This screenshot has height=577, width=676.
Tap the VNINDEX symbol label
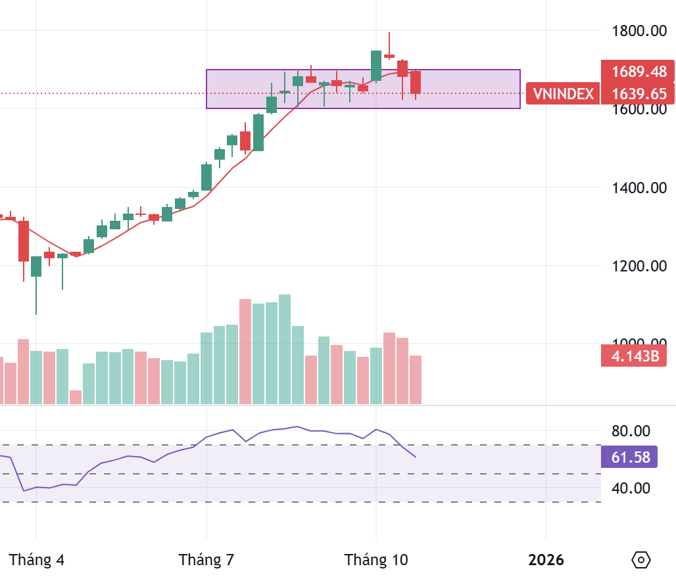563,94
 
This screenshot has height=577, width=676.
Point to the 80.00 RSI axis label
631,431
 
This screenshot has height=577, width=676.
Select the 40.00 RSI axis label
631,488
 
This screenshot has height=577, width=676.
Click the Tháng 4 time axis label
37,560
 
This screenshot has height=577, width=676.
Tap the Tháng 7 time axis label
206,560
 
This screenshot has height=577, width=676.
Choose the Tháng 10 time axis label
376,560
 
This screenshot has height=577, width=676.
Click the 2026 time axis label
546,560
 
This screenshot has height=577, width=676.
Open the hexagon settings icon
640,560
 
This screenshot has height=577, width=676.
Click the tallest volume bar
285,348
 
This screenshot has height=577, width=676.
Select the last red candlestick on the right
416,82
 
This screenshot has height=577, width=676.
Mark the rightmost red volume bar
416,379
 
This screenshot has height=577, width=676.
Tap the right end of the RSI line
416,457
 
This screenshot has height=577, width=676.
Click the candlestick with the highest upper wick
389,56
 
